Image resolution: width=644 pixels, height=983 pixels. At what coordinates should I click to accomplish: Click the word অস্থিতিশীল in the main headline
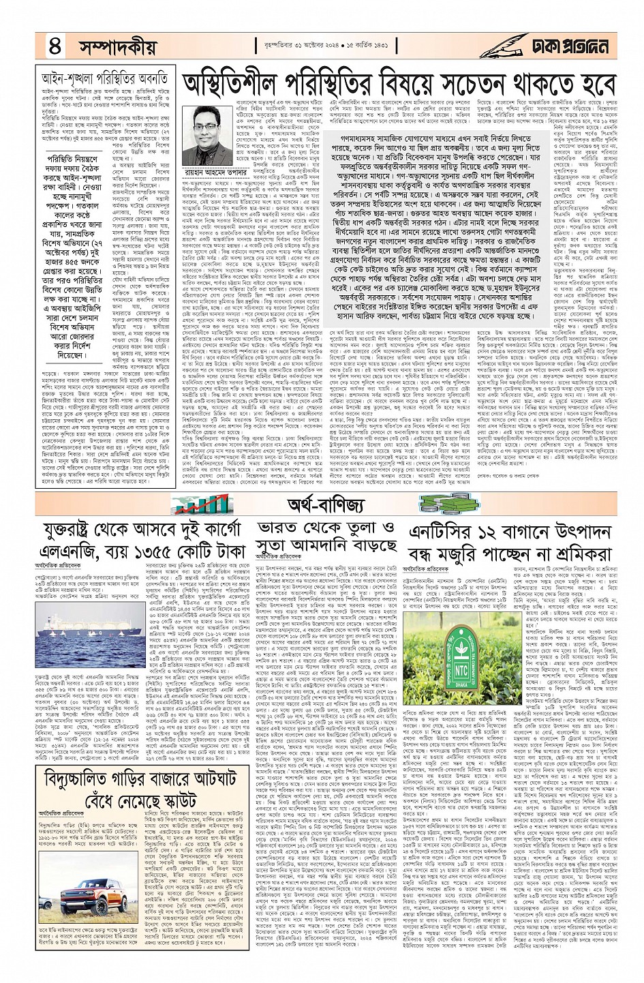click(238, 85)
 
